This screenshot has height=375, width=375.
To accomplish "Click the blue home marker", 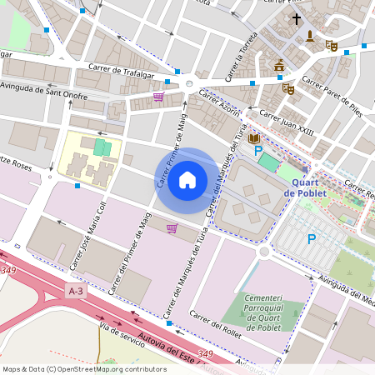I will click(187, 180).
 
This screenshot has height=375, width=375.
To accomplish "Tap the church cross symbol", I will click(296, 18).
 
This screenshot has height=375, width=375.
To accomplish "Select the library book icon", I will click(254, 138).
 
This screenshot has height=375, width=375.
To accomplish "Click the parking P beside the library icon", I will click(258, 151).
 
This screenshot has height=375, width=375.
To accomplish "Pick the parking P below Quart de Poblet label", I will click(312, 239).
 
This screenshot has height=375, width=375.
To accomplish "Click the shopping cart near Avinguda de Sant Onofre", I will click(158, 97).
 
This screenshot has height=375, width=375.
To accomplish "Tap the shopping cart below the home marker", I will click(172, 227).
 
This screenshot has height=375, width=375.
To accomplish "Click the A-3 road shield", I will click(76, 290).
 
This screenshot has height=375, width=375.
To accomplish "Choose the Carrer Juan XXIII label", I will click(287, 118).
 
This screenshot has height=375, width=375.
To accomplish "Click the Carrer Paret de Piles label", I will click(332, 96).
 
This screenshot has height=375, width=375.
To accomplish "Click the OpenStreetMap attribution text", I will click(83, 368).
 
